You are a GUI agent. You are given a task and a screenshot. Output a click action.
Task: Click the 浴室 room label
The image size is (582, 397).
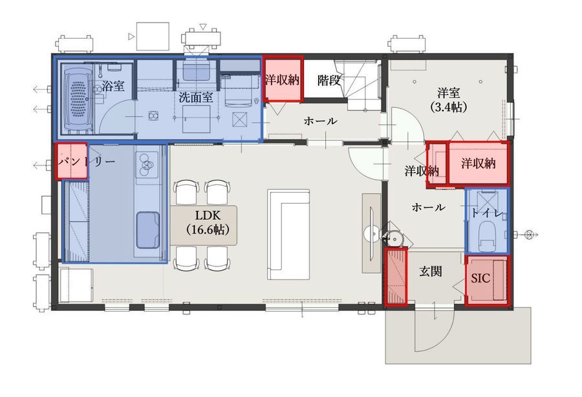coord(113,86)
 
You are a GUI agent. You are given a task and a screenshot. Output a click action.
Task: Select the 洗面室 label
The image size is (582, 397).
coord(195,97)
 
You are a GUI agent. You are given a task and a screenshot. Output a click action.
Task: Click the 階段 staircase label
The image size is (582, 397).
coord(329,80)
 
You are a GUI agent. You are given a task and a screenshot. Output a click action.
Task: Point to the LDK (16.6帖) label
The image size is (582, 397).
coord(208,222)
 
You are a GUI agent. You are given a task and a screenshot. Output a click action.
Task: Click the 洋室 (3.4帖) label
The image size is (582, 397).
coord(449,100)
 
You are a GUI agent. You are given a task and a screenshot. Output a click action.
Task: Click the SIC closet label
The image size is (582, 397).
coord(480,278)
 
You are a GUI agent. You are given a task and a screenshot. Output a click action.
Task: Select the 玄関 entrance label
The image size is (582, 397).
coord(431,272)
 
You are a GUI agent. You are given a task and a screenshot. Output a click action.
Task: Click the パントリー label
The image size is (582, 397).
coord(87,162)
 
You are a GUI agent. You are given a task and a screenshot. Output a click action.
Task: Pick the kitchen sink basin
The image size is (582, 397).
coord(147,230)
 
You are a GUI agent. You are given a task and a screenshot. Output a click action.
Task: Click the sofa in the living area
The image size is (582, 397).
coord(288,235)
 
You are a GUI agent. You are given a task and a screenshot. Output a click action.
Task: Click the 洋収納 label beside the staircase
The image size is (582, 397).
coord(282,80)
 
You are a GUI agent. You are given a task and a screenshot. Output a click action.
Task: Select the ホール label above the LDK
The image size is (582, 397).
coord(320,121)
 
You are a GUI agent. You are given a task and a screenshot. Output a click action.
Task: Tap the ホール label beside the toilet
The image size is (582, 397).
coord(428,207)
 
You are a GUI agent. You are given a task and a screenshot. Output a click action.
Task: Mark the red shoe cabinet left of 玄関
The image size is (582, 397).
coord(396,277)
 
